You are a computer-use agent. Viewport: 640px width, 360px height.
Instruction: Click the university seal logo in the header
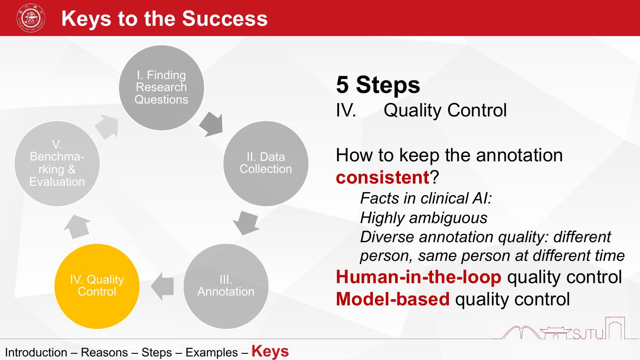pyautogui.click(x=31, y=18)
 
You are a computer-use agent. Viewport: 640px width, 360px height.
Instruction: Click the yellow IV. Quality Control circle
pyautogui.click(x=97, y=286)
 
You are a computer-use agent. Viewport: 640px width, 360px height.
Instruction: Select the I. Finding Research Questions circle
pyautogui.click(x=161, y=88)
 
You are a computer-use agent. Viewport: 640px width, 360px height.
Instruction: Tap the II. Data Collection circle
pyautogui.click(x=266, y=163)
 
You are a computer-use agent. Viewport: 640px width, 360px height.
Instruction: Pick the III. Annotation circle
pyautogui.click(x=226, y=286)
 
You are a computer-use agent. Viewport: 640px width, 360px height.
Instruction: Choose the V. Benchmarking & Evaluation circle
pyautogui.click(x=57, y=163)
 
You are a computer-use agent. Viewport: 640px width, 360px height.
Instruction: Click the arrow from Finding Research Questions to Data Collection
pyautogui.click(x=211, y=124)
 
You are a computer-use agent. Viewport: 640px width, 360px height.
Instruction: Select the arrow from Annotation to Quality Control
pyautogui.click(x=163, y=286)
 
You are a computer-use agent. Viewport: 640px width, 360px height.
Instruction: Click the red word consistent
pyautogui.click(x=382, y=177)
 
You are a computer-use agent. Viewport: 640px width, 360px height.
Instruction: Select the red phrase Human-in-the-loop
pyautogui.click(x=419, y=277)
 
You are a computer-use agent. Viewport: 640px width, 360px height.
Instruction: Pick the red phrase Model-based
pyautogui.click(x=393, y=299)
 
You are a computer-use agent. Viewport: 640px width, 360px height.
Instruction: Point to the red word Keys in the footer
pyautogui.click(x=270, y=351)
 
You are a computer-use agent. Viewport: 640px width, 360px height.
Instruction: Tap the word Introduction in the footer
pyautogui.click(x=36, y=353)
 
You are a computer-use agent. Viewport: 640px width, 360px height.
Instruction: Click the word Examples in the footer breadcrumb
pyautogui.click(x=212, y=353)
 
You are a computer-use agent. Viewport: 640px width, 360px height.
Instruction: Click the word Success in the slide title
pyautogui.click(x=225, y=19)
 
